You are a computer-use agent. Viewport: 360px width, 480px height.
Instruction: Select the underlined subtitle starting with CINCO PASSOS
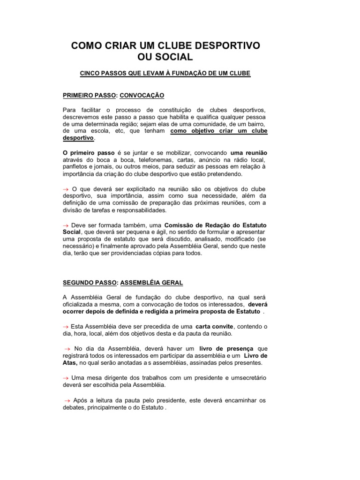(x=165, y=74)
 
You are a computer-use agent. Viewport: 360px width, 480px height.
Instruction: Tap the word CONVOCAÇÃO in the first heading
(x=142, y=95)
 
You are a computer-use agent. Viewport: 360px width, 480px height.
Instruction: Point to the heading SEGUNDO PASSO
(x=90, y=283)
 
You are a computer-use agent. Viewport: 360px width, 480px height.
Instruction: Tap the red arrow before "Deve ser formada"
(x=66, y=225)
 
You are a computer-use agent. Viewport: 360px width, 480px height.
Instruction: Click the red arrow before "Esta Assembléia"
(x=66, y=326)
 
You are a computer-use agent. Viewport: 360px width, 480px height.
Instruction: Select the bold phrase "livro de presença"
(x=226, y=348)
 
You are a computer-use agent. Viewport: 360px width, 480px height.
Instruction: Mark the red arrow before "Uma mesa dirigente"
(x=66, y=377)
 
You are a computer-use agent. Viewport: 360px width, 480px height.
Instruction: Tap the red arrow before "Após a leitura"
(x=66, y=400)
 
